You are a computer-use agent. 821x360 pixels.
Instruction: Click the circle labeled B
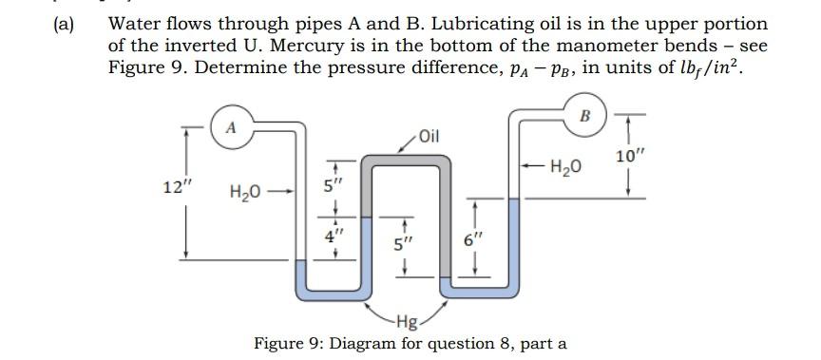click(584, 116)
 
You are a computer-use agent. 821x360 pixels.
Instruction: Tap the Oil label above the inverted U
click(430, 135)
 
